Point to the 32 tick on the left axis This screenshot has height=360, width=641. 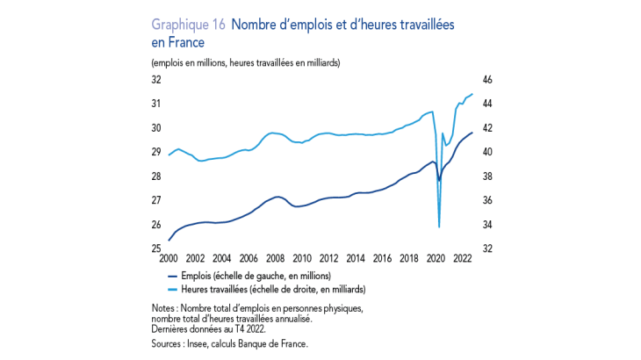point(156,79)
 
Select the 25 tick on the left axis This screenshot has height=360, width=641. point(156,249)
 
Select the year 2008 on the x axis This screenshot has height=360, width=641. point(275,259)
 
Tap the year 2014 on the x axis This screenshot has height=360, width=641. point(355,259)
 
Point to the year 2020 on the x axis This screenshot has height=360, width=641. point(435,259)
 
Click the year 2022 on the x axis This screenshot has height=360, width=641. point(462,259)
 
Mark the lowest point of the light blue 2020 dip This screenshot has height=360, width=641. point(439,227)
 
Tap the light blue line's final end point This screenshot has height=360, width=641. point(473,94)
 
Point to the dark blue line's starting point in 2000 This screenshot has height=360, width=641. point(168,240)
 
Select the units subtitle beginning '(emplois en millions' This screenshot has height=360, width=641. point(246,63)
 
